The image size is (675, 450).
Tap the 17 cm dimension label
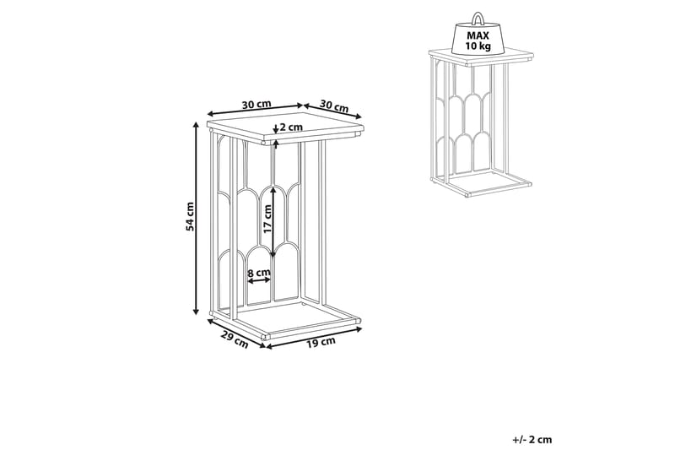tap(267, 219)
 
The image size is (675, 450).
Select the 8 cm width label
tap(259, 272)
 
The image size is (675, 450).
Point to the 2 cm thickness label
tap(291, 127)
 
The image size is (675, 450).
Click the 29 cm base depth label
tap(235, 339)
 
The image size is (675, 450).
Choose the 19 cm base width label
tap(321, 342)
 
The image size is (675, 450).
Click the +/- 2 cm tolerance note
tap(532, 439)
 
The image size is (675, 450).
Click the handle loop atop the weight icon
tap(478, 19)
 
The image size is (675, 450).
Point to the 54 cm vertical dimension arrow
tap(197, 219)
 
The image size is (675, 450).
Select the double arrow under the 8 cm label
tap(259, 281)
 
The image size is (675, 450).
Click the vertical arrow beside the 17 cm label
tap(273, 222)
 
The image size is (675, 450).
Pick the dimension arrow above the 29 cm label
tap(236, 331)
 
